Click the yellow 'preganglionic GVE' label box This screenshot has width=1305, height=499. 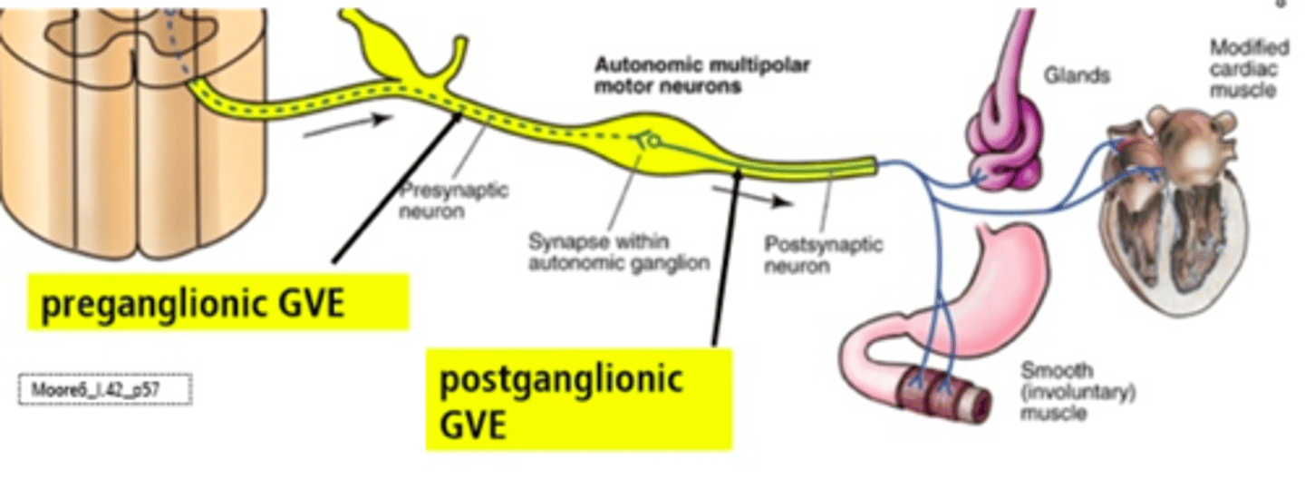tap(217, 304)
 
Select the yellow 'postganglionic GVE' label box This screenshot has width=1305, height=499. tap(578, 399)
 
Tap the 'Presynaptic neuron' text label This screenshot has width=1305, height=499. tap(453, 201)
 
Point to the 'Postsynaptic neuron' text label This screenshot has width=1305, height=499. tap(823, 255)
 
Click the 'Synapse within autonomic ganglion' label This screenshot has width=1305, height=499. tap(619, 252)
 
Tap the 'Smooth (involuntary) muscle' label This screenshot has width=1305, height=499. tap(1078, 391)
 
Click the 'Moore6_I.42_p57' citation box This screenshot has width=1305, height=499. tap(105, 390)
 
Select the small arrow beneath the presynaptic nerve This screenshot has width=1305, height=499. tap(347, 126)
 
